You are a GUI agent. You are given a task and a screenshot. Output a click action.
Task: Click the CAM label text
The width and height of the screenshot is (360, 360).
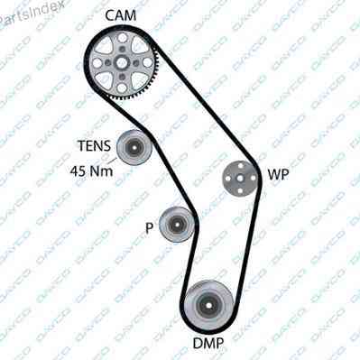tap(120, 15)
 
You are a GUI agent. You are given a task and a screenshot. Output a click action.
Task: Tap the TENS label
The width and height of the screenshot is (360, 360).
tap(95, 146)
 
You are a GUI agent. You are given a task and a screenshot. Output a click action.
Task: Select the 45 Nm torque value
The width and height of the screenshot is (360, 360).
tap(92, 171)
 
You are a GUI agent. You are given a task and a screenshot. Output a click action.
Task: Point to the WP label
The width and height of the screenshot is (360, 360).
tap(278, 174)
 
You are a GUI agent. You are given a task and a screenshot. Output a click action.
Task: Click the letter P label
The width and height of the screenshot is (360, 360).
tap(149, 228)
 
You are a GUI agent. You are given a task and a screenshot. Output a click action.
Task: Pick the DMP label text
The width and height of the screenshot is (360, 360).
tap(208, 343)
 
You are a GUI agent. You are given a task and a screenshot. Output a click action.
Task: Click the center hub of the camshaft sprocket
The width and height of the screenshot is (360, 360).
tap(122, 63)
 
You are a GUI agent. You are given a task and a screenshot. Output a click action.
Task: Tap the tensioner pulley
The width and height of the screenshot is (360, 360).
tap(134, 147)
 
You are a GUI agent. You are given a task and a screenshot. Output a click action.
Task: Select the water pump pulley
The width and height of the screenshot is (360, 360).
tap(240, 179)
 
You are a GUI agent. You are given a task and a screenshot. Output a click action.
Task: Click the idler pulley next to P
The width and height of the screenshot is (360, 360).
tap(176, 225)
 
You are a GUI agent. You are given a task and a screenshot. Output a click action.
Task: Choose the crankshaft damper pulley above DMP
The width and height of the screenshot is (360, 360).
tap(208, 305)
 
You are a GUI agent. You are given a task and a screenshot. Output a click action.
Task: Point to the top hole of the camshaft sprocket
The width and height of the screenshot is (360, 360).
tap(122, 38)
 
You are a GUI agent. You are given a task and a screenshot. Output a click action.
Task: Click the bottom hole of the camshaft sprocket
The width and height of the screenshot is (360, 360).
tap(122, 88)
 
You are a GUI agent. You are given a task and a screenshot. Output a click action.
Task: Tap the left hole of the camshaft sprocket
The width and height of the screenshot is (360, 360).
tap(97, 63)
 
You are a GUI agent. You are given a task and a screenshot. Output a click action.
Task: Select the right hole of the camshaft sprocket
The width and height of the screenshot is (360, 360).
tap(146, 62)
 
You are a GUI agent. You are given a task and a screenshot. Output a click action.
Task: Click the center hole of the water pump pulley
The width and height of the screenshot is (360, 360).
tap(240, 179)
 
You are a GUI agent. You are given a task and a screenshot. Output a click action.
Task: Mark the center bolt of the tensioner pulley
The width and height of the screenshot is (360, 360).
tap(134, 147)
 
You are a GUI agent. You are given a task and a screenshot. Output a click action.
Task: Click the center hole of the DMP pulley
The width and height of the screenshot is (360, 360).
tap(208, 306)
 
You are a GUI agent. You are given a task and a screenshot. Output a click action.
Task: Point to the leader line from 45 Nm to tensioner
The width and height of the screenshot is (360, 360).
tap(113, 162)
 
